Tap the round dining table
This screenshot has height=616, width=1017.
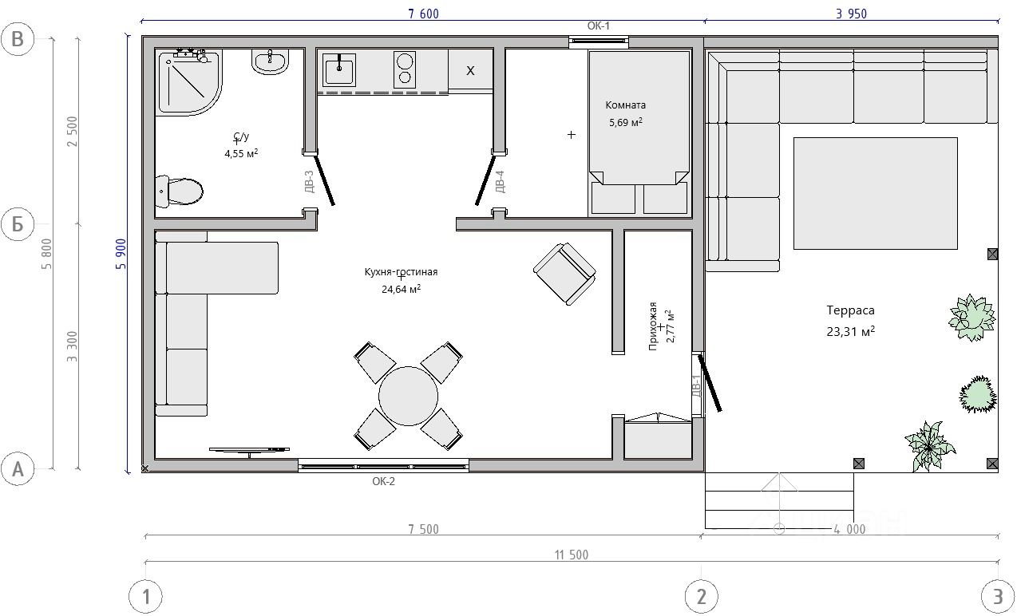pos(408,396)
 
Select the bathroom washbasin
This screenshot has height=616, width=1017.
pos(270,61)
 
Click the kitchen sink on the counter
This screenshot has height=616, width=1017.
pos(338,69)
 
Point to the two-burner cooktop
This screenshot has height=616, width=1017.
pos(405,69)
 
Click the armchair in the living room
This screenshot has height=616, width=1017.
pos(564,274)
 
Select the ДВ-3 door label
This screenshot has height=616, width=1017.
pos(309,182)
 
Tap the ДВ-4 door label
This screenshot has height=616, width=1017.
pos(500,182)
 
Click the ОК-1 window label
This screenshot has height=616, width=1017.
pos(599,26)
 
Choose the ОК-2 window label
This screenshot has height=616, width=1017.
pos(384,481)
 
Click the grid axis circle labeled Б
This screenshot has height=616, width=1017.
pos(18,223)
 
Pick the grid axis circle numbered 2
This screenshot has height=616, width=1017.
pos(702,597)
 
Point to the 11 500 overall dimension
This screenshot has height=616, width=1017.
pos(571,555)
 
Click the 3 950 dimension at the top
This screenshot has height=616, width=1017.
pos(851,14)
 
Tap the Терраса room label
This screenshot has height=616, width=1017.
pos(850,310)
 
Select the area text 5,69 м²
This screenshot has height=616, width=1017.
pos(626,122)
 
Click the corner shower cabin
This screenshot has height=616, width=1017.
pos(188,81)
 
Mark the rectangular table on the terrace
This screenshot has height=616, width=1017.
pos(876,193)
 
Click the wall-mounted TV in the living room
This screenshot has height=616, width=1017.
pos(249,450)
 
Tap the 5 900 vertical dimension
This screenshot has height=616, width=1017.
pos(121,254)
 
